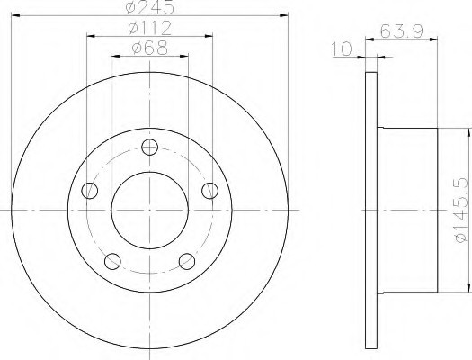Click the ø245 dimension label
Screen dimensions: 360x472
149,7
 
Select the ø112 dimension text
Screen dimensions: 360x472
149,28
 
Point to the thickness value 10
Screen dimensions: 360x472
341,49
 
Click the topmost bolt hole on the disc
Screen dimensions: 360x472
149,149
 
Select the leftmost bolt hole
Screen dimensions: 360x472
89,190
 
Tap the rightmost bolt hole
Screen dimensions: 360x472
209,190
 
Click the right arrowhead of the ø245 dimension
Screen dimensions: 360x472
285,14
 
